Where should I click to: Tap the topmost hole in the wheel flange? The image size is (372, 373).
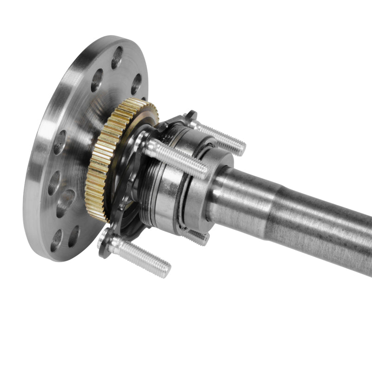pyautogui.click(x=117, y=57)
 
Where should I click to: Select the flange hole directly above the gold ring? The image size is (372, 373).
pyautogui.click(x=135, y=84)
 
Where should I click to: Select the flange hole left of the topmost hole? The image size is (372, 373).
pyautogui.click(x=97, y=79)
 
